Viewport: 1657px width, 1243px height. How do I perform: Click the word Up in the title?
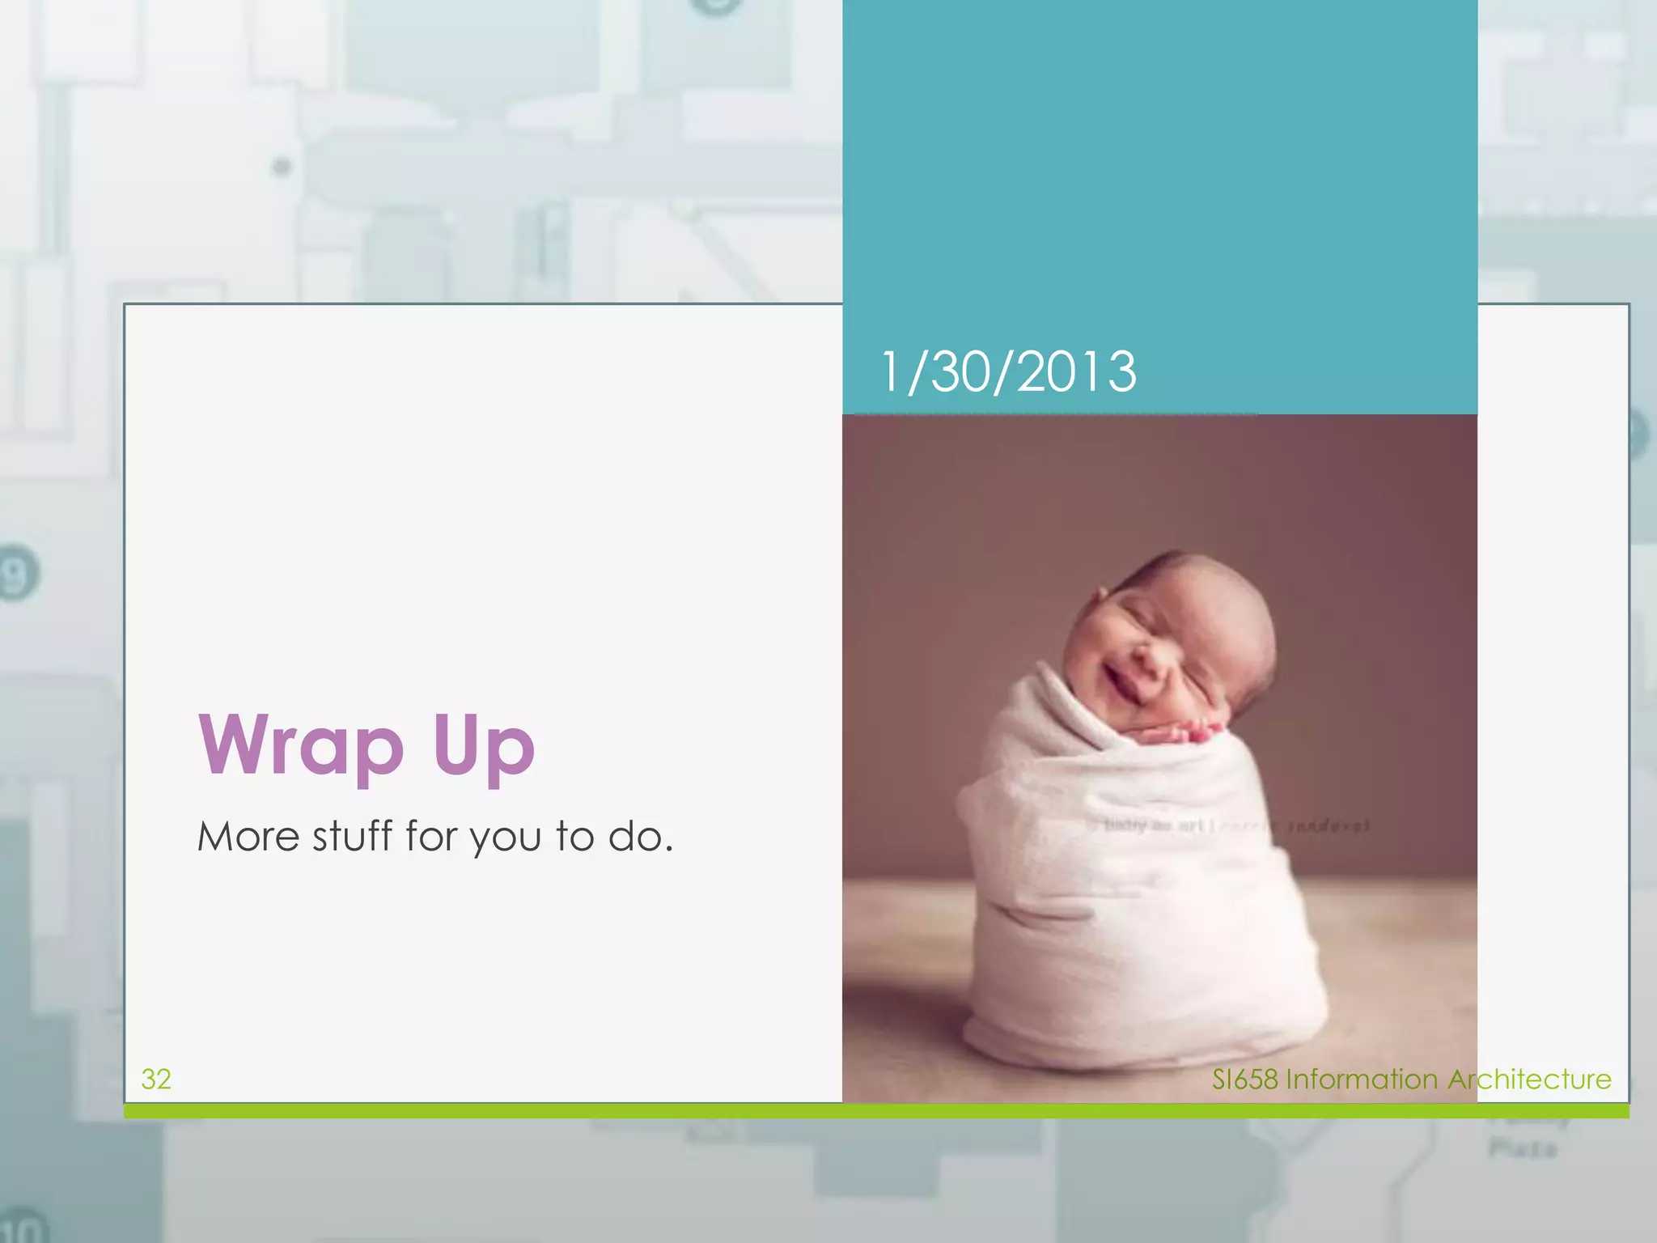[x=484, y=746]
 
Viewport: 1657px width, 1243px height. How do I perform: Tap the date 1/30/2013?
[x=1008, y=372]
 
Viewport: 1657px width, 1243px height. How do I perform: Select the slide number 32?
[x=156, y=1079]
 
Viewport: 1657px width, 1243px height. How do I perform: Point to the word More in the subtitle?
[x=248, y=837]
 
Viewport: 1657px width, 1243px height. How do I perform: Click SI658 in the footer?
[x=1244, y=1080]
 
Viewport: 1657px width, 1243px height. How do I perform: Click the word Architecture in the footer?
[x=1529, y=1080]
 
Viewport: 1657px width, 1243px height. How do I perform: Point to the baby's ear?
[x=1102, y=597]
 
